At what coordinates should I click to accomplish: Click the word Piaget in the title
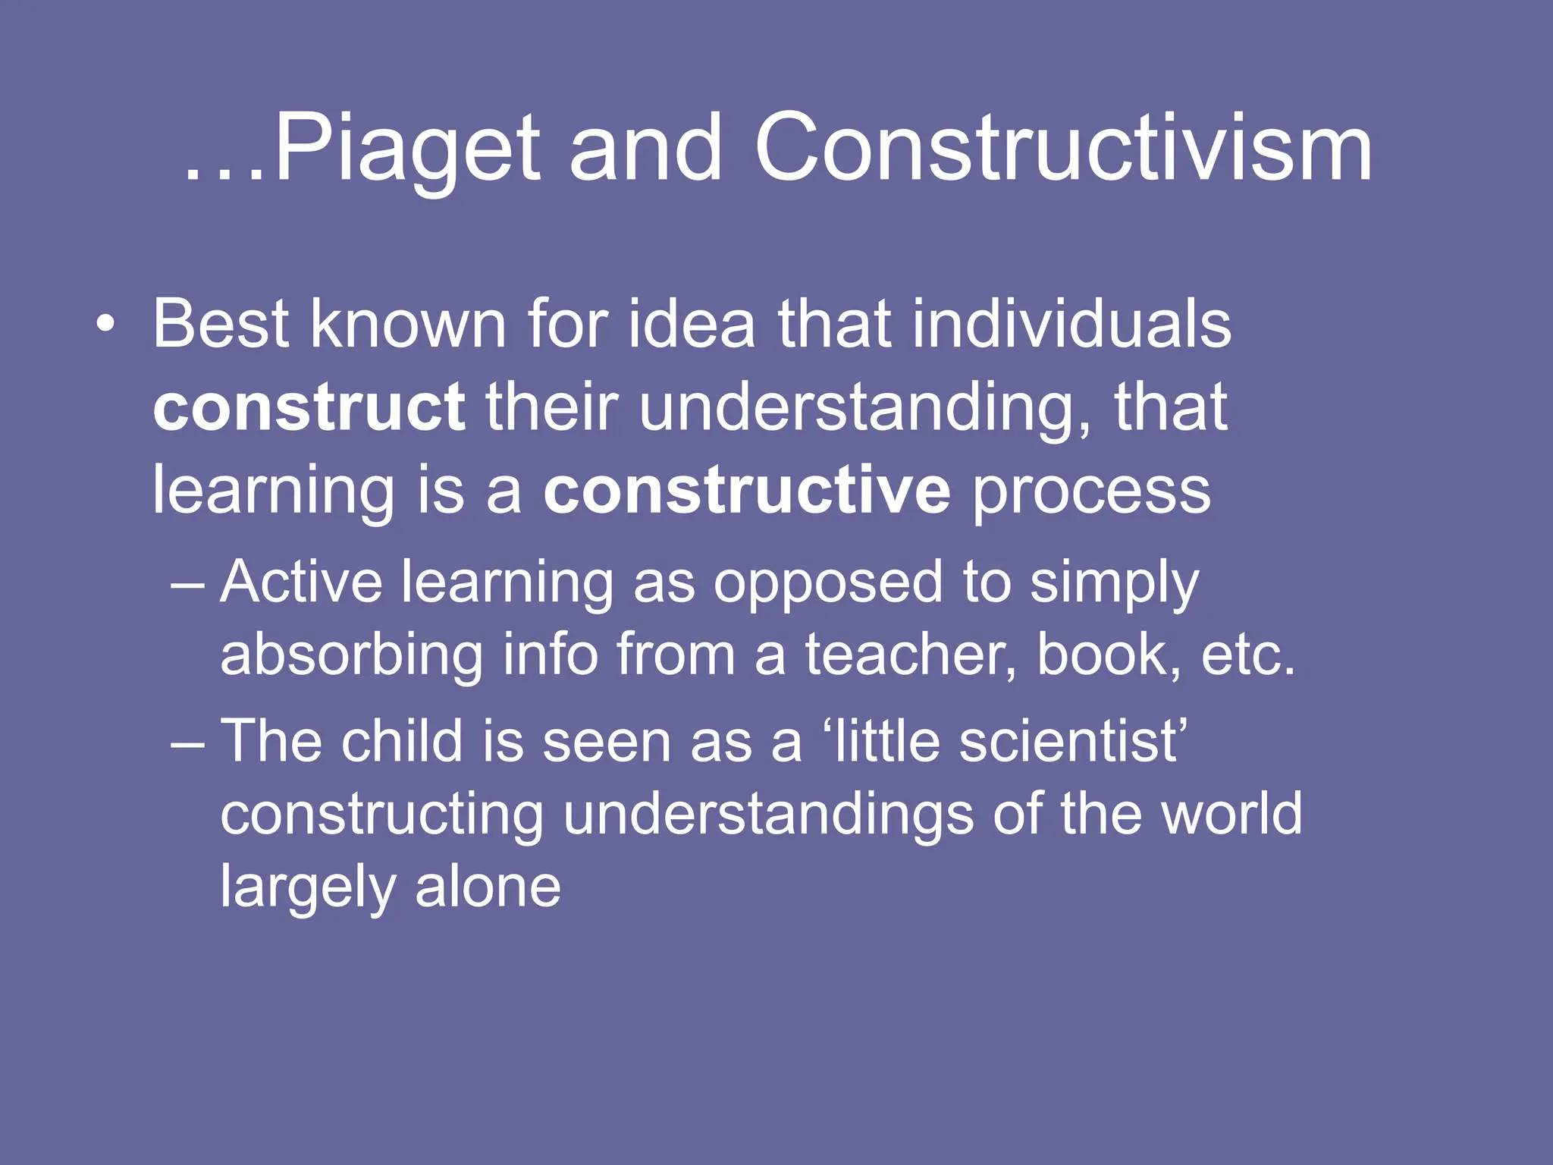(406, 149)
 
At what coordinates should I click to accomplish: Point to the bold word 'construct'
(309, 407)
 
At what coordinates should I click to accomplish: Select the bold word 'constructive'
(746, 491)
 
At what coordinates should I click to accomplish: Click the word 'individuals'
(1071, 324)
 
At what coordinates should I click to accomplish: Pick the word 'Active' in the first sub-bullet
(301, 582)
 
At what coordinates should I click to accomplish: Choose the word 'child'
(401, 741)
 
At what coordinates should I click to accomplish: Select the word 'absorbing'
(352, 655)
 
